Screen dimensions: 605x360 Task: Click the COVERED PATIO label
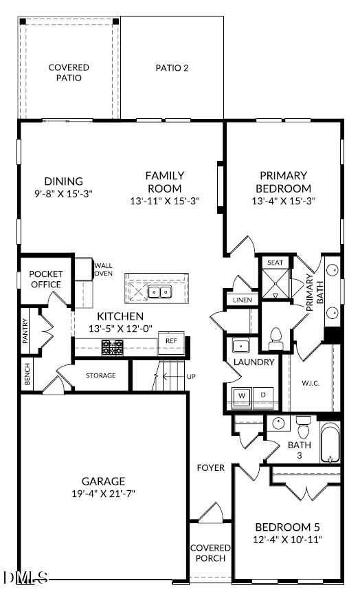[69, 72]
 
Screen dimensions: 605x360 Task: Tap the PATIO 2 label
[171, 68]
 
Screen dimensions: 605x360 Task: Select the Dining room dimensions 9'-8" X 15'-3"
[63, 194]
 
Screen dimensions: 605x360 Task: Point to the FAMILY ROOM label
[164, 181]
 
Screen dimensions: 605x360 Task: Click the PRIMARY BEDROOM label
[283, 181]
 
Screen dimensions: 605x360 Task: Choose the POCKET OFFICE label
[45, 279]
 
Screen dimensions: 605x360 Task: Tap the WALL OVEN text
[103, 269]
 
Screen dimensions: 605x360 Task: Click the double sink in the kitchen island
[161, 293]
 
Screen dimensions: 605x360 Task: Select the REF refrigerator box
[171, 340]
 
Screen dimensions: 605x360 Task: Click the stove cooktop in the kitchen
[112, 347]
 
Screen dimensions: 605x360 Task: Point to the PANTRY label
[25, 325]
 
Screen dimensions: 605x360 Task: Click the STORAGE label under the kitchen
[100, 375]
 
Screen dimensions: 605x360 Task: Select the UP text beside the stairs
[191, 377]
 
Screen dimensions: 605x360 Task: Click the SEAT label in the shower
[275, 263]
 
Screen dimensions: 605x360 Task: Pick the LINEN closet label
[242, 300]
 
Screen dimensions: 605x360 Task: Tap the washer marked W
[242, 396]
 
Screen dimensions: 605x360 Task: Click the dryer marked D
[262, 396]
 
